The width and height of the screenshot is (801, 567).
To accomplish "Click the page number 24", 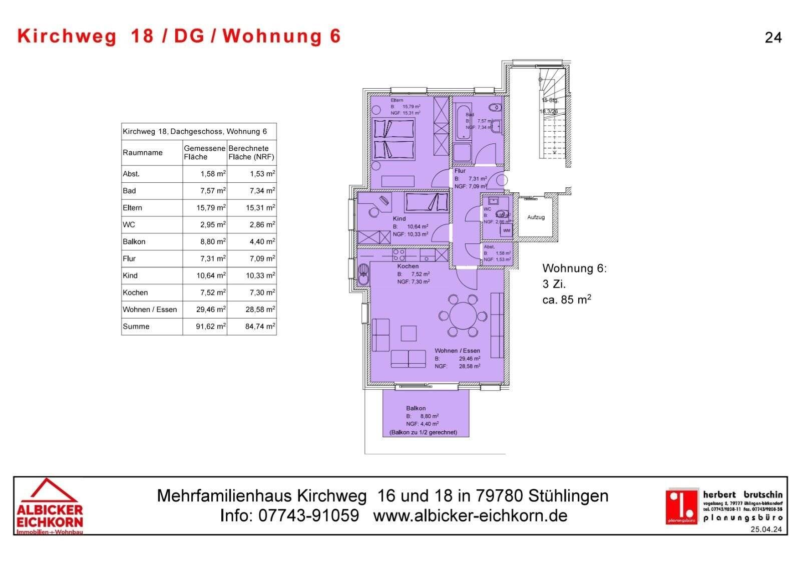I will click(x=773, y=38).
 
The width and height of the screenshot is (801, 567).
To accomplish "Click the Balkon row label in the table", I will click(x=134, y=242).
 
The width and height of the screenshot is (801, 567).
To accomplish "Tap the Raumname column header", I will click(x=143, y=153).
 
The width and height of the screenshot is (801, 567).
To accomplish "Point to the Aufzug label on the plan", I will click(x=536, y=217).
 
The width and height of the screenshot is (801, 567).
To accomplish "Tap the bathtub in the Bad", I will click(x=462, y=123).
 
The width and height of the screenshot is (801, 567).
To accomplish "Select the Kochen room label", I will click(x=408, y=266).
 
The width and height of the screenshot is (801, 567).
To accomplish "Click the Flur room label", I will click(x=460, y=171).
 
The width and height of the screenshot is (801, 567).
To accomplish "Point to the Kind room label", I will click(x=399, y=219).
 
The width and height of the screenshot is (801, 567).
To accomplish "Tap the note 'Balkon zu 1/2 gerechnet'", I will click(x=423, y=432).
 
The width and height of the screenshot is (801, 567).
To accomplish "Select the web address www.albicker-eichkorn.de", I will click(x=470, y=516).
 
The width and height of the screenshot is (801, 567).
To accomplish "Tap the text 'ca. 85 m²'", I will click(x=566, y=300).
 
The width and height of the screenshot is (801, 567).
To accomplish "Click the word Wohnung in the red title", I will click(x=271, y=36).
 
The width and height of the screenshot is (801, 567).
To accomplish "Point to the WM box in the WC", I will click(x=507, y=230).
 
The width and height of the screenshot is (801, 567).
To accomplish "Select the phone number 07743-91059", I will click(x=308, y=516).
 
